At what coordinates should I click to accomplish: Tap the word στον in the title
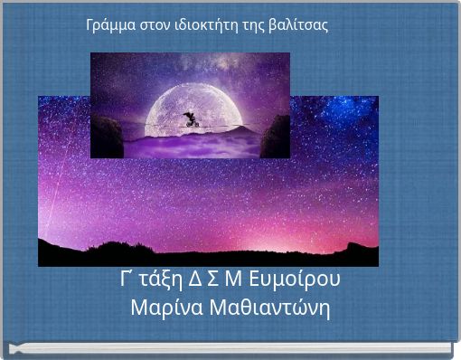[x=157, y=25]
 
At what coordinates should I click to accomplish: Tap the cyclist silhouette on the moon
[x=190, y=120]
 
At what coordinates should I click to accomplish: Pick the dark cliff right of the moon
[x=275, y=136]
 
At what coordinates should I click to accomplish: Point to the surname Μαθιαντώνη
[x=269, y=308]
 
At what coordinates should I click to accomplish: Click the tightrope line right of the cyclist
[x=235, y=129]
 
